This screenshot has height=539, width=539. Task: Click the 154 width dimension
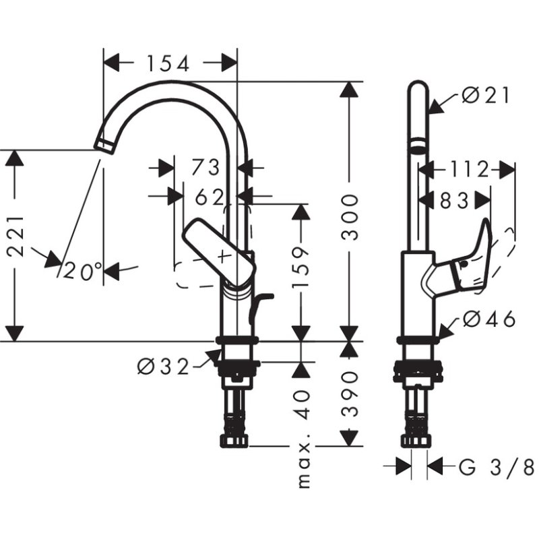tap(165, 63)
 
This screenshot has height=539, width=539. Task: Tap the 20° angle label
tap(84, 271)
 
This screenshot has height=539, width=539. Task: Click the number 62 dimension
tap(209, 197)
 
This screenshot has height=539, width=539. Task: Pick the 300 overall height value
tap(349, 218)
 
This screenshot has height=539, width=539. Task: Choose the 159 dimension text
tap(301, 269)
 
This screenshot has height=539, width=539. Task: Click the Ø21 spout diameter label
tap(486, 96)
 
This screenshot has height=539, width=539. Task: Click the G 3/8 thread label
tap(496, 466)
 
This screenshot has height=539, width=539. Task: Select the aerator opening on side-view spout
tap(418, 144)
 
